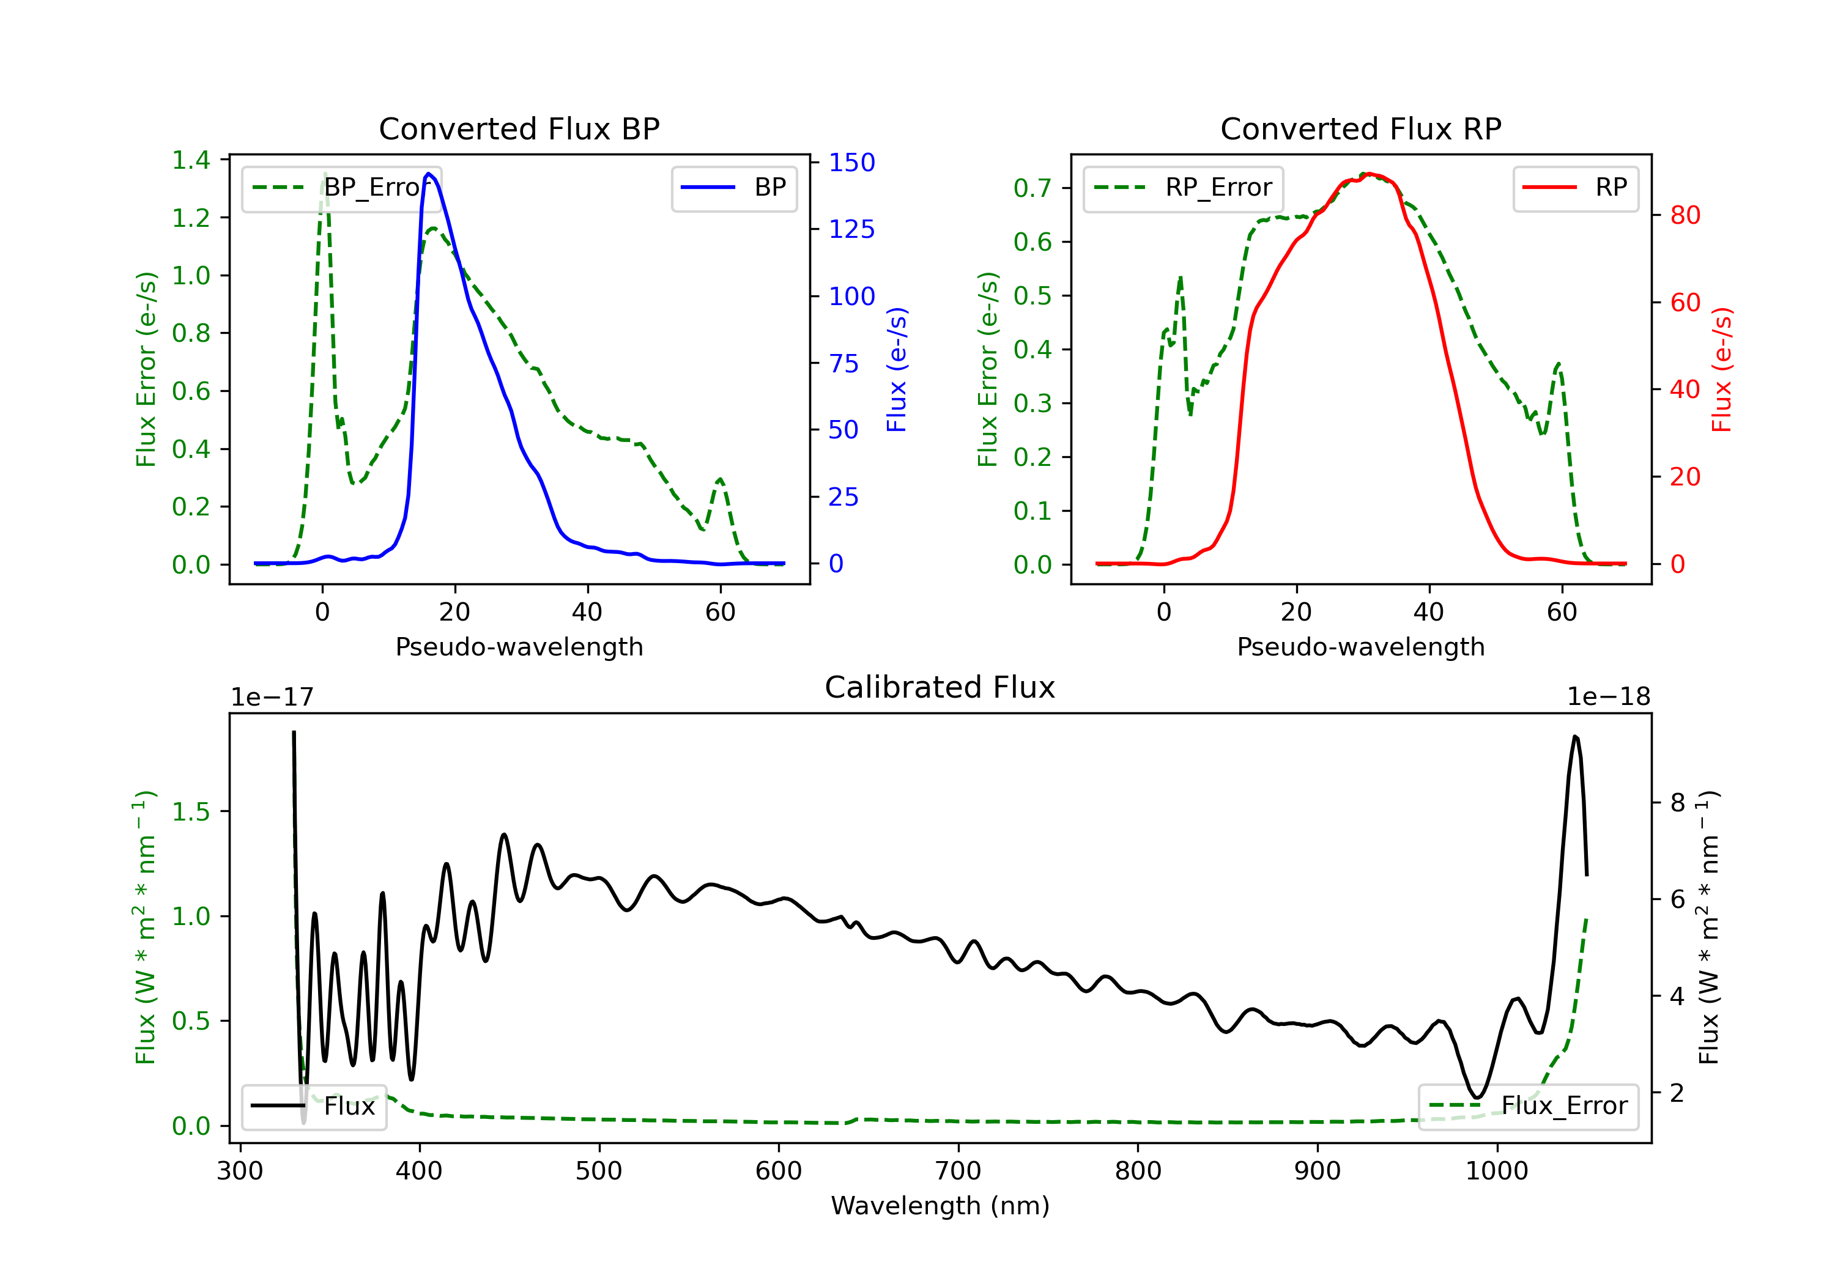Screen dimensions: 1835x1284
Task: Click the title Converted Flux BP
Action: coord(519,128)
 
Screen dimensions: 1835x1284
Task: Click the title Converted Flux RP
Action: coord(1360,128)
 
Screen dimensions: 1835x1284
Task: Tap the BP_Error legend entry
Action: coord(341,188)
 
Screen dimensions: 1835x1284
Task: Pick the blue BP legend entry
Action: coord(733,188)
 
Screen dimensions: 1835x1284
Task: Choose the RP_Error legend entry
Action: coord(1183,188)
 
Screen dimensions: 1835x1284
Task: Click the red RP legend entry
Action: coord(1575,188)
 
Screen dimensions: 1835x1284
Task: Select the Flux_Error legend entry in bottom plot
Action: coord(1528,1106)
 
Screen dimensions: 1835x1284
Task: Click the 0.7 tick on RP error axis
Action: coord(1032,188)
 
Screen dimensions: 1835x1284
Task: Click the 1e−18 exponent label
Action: coord(1608,698)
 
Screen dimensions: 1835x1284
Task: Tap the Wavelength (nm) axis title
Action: coord(940,1206)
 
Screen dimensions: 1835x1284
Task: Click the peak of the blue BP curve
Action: coord(428,174)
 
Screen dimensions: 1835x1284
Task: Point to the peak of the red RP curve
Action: coord(1368,174)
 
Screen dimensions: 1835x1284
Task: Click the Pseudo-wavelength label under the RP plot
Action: coord(1360,646)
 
